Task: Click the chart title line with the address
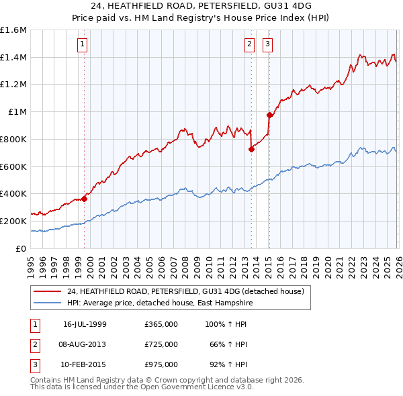point(201,6)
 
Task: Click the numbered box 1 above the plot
point(82,45)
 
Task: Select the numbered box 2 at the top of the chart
point(249,45)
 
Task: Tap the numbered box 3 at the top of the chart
point(267,45)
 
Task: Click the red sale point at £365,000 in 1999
point(85,198)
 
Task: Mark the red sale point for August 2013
point(251,149)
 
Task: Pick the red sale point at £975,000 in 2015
point(269,115)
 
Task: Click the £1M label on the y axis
point(17,112)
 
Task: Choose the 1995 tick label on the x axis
point(31,262)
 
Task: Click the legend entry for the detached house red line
point(185,291)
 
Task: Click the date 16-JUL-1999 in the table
point(85,324)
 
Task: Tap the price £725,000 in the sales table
point(161,344)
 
